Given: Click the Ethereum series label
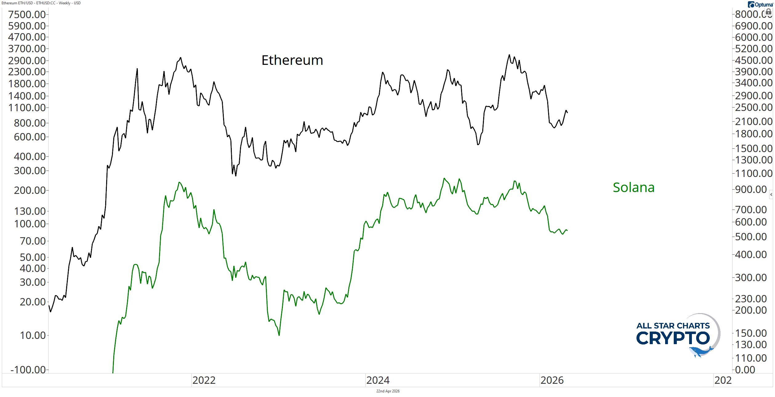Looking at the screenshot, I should click(x=292, y=60).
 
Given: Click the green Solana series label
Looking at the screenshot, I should click(x=633, y=187).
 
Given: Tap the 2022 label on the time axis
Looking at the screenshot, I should click(x=204, y=380).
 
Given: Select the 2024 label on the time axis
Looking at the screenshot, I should click(x=378, y=380).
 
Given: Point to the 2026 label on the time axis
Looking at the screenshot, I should click(x=552, y=380).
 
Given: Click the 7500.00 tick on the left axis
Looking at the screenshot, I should click(x=27, y=14).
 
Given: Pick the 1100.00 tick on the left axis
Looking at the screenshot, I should click(x=27, y=108).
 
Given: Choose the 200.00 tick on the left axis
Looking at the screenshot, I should click(x=30, y=191).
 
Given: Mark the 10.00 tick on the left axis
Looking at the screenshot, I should click(x=33, y=336).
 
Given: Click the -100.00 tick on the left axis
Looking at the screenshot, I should click(x=28, y=370).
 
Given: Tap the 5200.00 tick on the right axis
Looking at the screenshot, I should click(x=753, y=49).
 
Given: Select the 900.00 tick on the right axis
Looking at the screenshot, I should click(x=751, y=189).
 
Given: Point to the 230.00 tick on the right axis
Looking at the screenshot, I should click(x=751, y=299).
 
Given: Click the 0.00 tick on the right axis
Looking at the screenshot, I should click(x=745, y=370).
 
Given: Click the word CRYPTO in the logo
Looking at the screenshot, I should click(x=673, y=338).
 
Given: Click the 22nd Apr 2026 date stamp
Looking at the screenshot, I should click(x=388, y=391).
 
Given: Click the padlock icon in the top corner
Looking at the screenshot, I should click(x=769, y=12).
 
